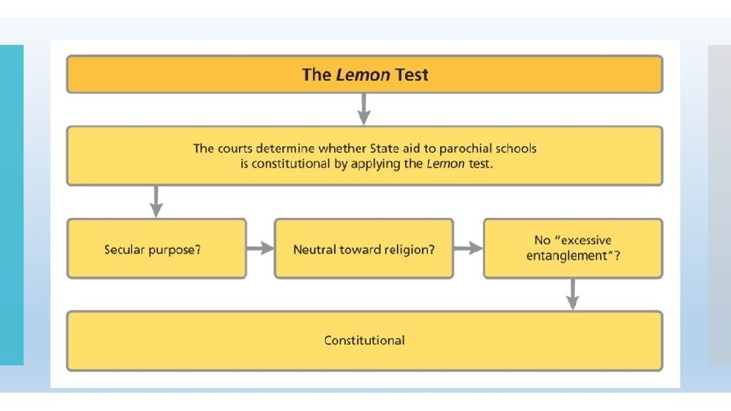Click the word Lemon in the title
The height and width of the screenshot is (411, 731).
pos(363,75)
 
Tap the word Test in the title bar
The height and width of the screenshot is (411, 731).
pos(411,75)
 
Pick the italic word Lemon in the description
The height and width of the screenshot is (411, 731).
pos(446,164)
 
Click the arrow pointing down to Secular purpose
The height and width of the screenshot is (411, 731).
pos(156,201)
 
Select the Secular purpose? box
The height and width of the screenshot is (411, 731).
pos(156,248)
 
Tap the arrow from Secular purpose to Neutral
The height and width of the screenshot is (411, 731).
pos(260,248)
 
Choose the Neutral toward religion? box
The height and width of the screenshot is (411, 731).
pos(363,248)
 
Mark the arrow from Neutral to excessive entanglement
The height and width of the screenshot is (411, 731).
pos(468,248)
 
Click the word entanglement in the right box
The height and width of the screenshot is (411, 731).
pos(568,256)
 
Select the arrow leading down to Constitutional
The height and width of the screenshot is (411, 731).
pos(573,293)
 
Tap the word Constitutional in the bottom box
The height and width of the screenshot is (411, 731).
pos(364,340)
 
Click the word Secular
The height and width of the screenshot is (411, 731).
pos(126,249)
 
